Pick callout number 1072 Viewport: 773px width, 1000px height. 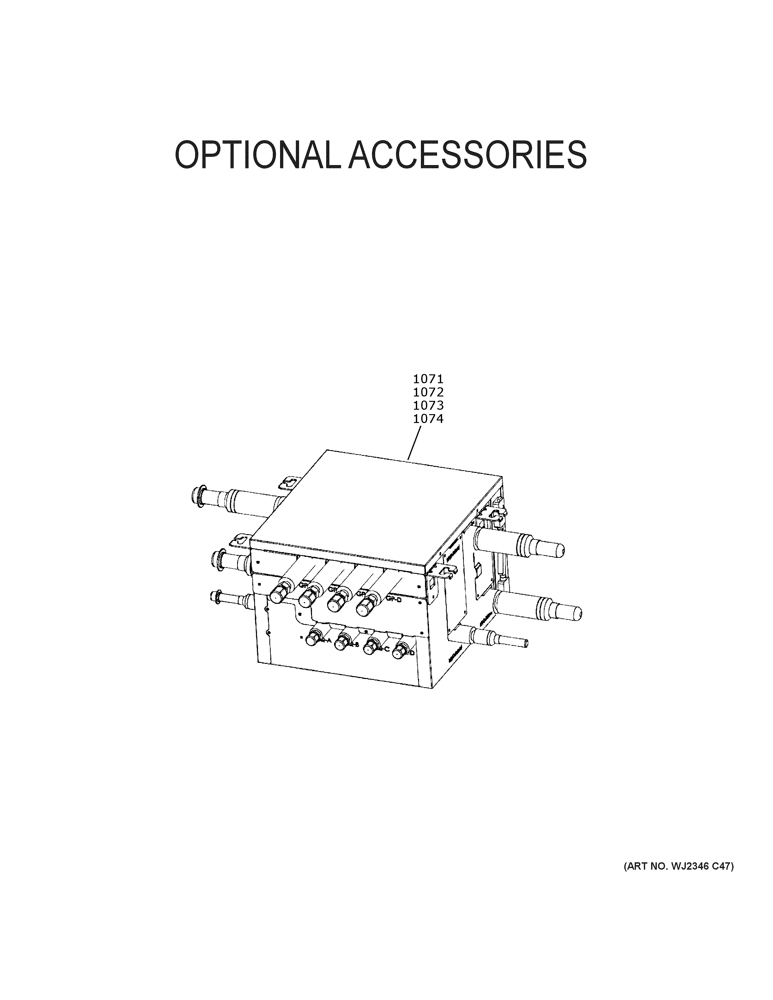(428, 392)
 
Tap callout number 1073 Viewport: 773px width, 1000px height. (428, 406)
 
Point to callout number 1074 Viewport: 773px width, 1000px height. (428, 419)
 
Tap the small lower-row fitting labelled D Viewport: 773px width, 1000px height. (401, 652)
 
